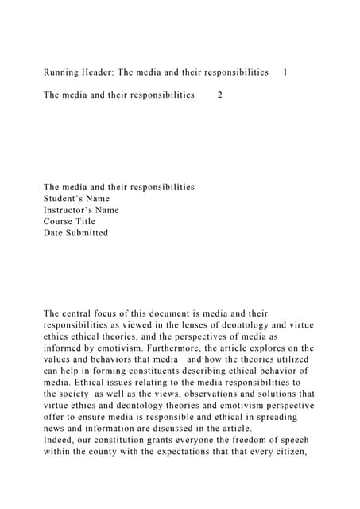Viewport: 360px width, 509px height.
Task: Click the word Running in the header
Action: point(64,72)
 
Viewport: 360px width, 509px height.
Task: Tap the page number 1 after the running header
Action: point(285,72)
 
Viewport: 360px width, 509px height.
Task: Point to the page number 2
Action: point(220,95)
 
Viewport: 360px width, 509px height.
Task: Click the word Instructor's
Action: point(70,210)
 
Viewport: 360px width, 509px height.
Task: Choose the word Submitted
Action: point(87,233)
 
